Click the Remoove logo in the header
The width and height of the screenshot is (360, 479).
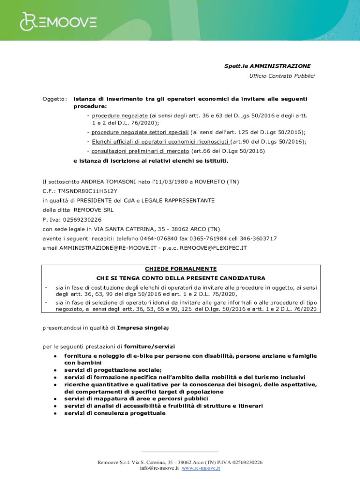point(58,21)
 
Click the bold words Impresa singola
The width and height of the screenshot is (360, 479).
point(143,327)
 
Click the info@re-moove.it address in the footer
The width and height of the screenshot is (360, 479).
point(159,468)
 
